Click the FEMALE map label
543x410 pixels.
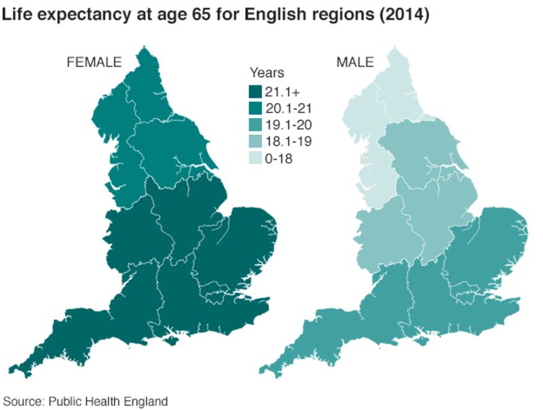tap(93, 62)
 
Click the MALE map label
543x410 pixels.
tap(355, 62)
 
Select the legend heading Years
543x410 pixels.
tap(267, 73)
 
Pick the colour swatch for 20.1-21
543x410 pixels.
tap(255, 108)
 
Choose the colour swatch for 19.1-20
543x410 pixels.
tap(255, 125)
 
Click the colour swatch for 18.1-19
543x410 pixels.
tap(255, 142)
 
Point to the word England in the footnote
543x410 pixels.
tap(147, 401)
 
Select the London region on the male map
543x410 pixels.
tap(471, 297)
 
